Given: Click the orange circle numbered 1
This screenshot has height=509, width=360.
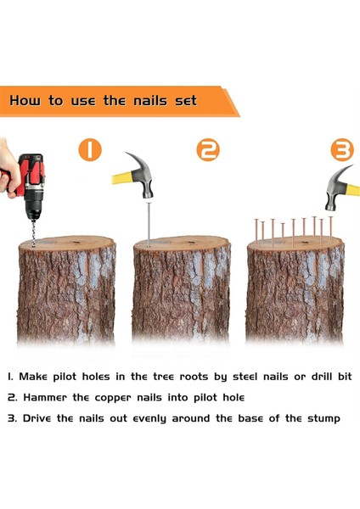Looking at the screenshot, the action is (x=90, y=149).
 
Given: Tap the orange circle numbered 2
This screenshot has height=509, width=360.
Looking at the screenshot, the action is (x=208, y=149).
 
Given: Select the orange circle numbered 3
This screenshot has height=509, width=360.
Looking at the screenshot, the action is (x=342, y=149).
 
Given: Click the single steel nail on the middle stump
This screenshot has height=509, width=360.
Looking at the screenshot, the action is (x=149, y=224).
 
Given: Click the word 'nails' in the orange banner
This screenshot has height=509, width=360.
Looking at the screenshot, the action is (x=150, y=100).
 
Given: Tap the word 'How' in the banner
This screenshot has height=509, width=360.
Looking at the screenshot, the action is (x=25, y=100).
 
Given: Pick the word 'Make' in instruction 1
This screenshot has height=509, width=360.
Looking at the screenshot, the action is (x=33, y=377).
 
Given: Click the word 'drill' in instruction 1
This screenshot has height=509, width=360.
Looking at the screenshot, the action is (x=323, y=377).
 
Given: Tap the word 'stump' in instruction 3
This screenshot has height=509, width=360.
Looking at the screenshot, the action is (x=323, y=419).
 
